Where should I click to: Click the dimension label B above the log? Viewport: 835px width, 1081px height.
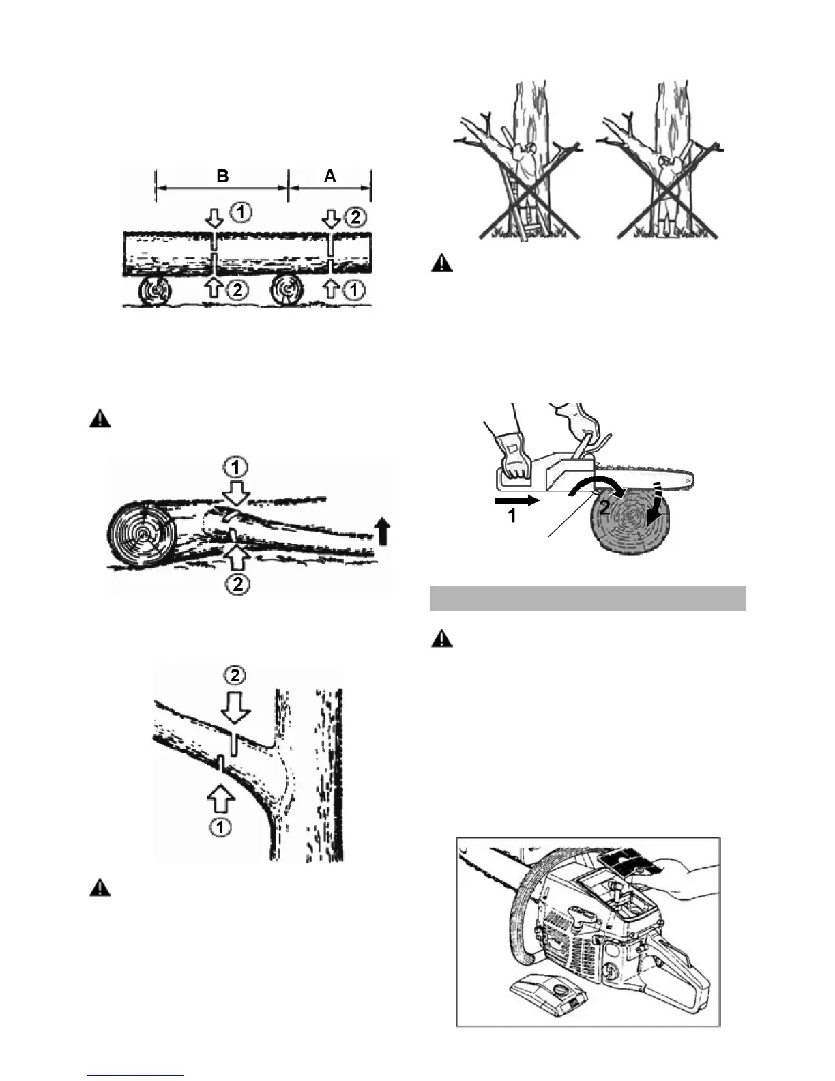[x=222, y=176]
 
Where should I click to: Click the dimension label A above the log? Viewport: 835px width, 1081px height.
[x=330, y=176]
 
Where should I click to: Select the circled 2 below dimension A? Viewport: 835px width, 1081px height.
[x=355, y=218]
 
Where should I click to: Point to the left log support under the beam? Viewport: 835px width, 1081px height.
[x=156, y=291]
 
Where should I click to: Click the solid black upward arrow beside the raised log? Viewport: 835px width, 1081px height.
[x=383, y=531]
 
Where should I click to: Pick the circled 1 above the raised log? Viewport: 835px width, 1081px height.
[x=236, y=468]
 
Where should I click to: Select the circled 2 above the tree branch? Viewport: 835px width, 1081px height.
[x=235, y=675]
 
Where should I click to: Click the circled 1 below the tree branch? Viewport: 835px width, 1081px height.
[x=220, y=827]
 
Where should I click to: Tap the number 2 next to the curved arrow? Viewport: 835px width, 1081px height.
[x=604, y=507]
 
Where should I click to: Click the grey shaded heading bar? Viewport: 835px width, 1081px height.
[x=588, y=598]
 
